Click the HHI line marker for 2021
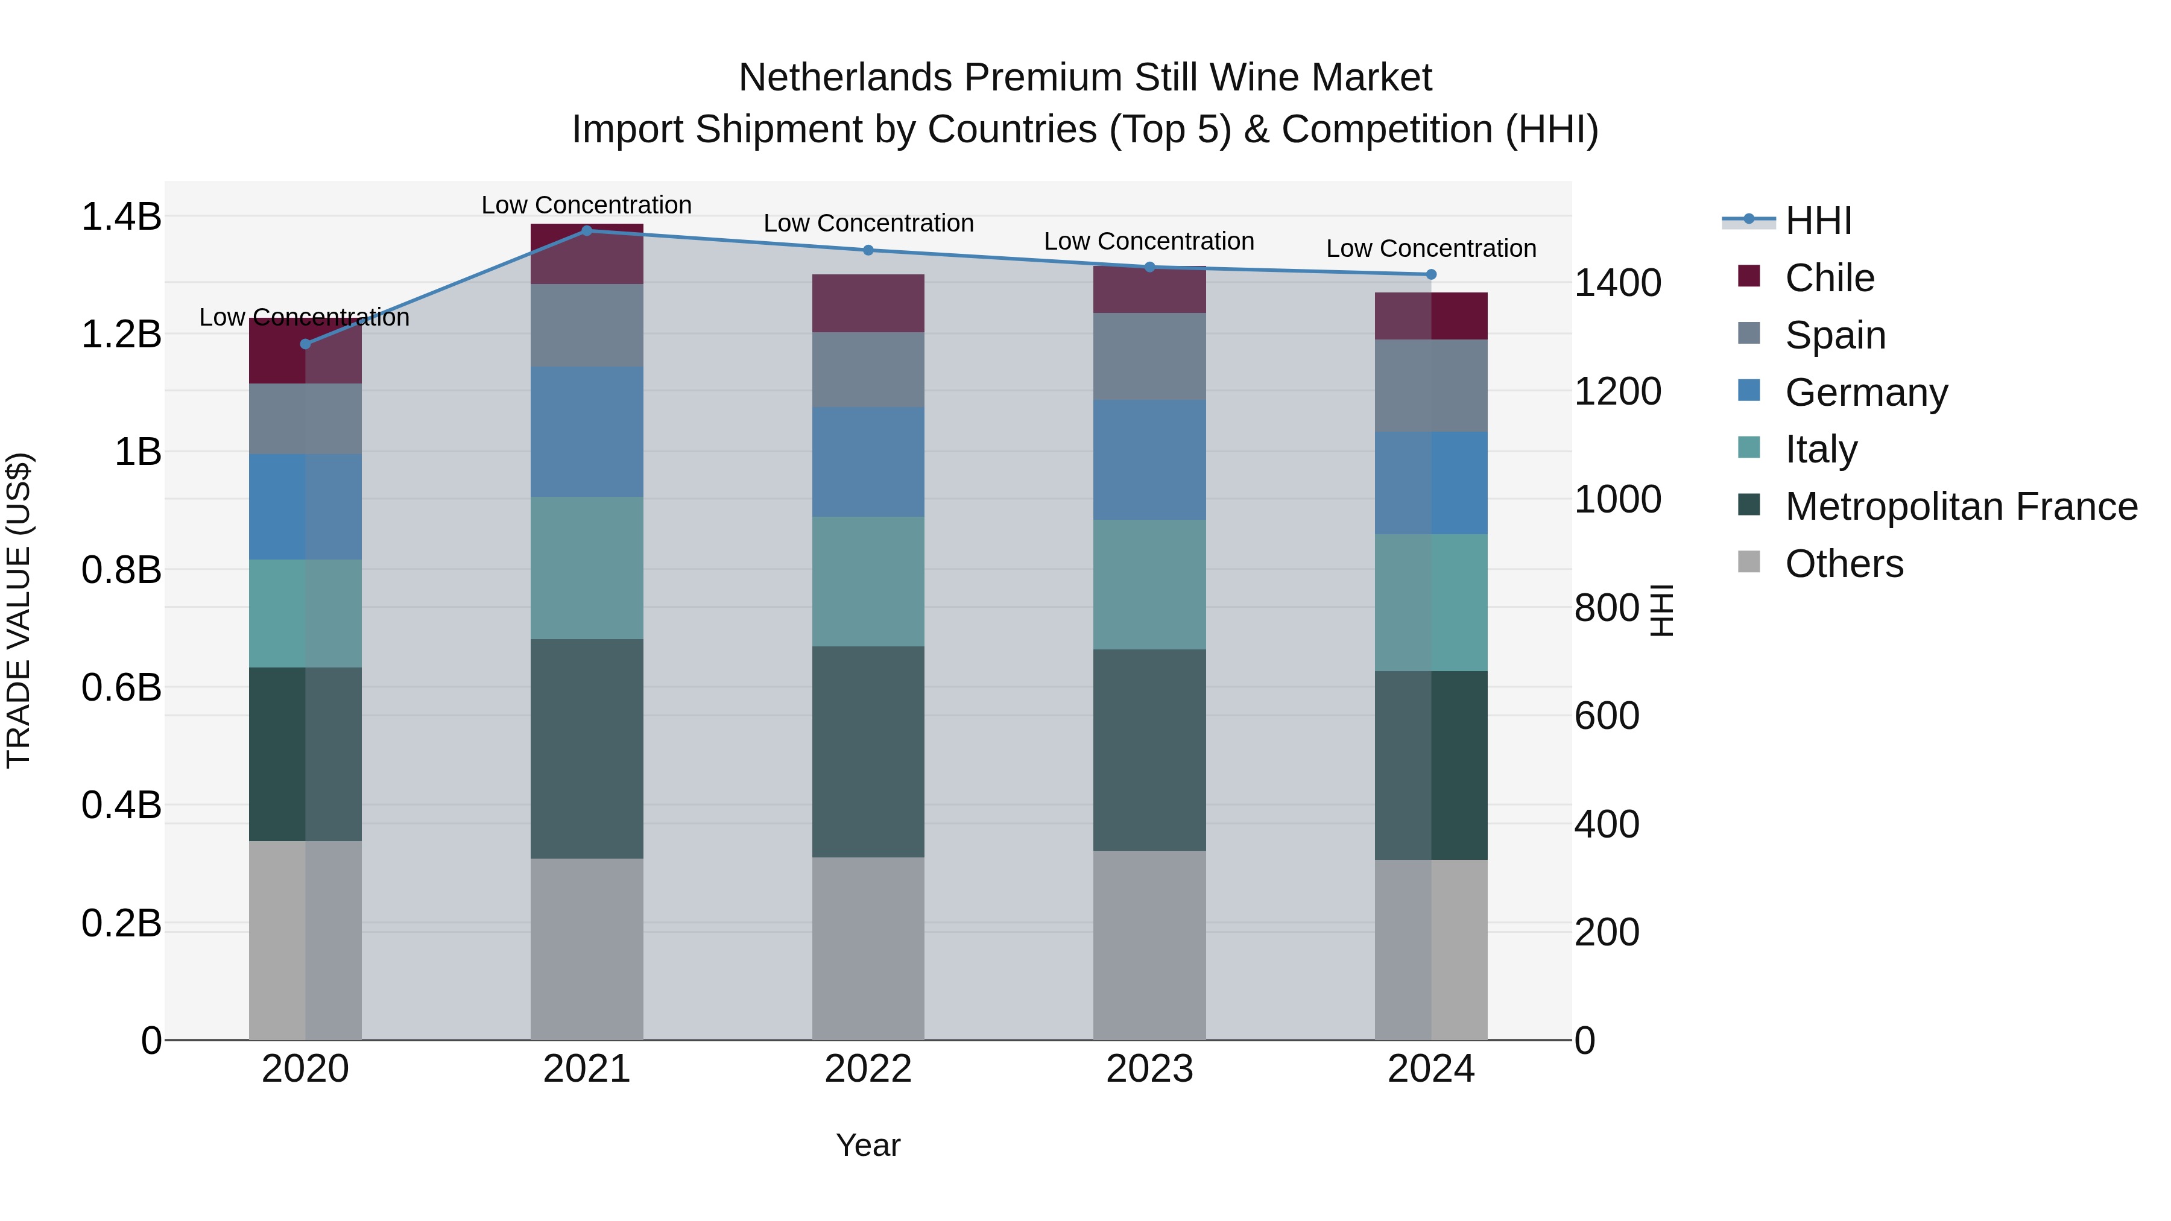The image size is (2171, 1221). click(587, 230)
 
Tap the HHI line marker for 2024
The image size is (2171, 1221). click(1430, 274)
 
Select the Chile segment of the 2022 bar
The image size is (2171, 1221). click(868, 303)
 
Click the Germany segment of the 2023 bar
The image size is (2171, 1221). click(1149, 459)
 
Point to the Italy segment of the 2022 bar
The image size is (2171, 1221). click(868, 581)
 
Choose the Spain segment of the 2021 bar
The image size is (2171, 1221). click(587, 324)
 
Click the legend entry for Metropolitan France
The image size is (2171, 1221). click(1961, 506)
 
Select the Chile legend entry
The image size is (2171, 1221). click(1829, 278)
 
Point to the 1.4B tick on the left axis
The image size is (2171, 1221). click(121, 216)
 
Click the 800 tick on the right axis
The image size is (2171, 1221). click(1607, 608)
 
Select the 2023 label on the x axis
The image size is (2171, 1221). click(1149, 1068)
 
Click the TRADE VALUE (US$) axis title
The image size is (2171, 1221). click(19, 610)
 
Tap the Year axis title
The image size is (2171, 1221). click(868, 1145)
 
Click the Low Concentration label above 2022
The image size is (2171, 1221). click(868, 223)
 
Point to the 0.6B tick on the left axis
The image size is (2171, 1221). click(121, 687)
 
